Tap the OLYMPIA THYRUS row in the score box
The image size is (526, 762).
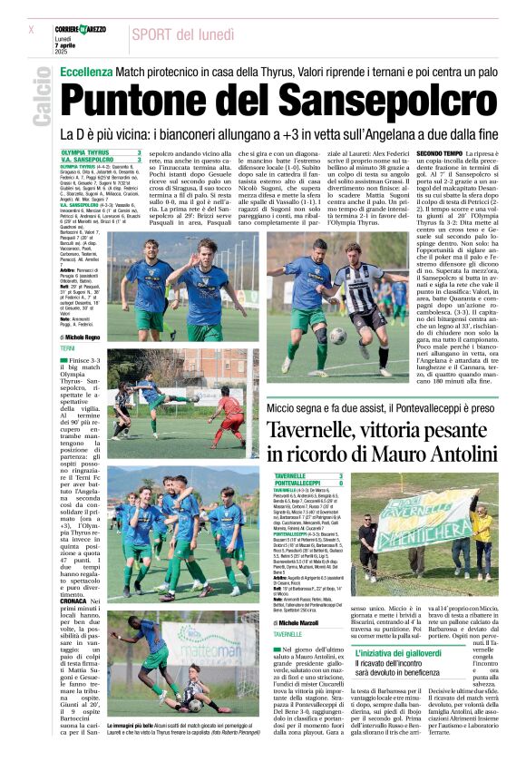click(100, 152)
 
